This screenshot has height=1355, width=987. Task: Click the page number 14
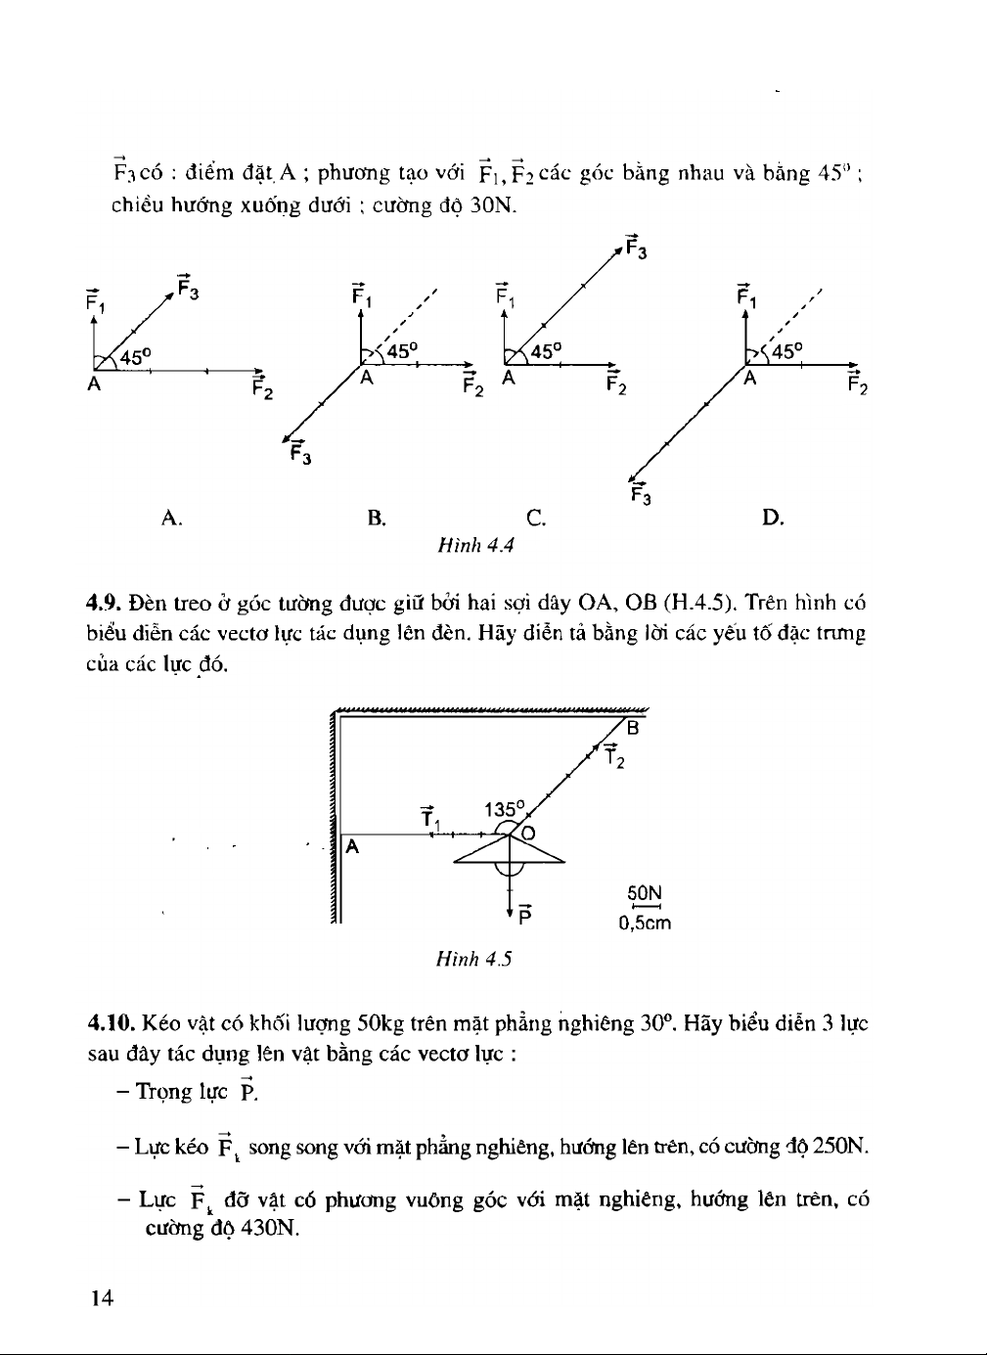[x=102, y=1297]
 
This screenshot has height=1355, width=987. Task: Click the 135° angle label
[x=505, y=809]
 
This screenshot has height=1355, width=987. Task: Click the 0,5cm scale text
[x=645, y=923]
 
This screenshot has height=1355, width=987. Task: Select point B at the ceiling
[x=632, y=728]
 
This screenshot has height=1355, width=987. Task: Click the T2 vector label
[x=613, y=755]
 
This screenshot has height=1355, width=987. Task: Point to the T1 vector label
[x=429, y=817]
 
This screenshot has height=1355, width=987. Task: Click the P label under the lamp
[x=525, y=916]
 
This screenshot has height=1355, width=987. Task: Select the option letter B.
[x=377, y=518]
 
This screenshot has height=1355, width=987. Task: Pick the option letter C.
[x=535, y=518]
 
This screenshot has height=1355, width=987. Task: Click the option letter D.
[x=773, y=518]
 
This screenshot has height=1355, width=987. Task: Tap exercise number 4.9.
[x=103, y=603]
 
